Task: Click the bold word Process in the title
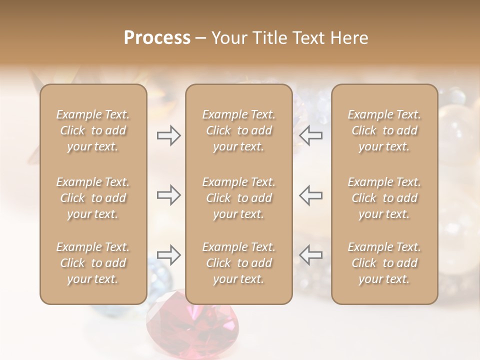[x=157, y=38]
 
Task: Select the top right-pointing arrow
[x=168, y=135]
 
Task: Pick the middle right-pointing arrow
[x=168, y=195]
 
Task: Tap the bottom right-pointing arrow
[x=168, y=255]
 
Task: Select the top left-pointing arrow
[x=310, y=135]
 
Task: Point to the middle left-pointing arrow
[x=310, y=195]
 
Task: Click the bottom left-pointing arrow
[x=310, y=255]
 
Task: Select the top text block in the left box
[x=93, y=130]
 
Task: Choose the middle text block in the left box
[x=93, y=198]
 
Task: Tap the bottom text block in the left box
[x=93, y=263]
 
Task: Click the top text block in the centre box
[x=239, y=130]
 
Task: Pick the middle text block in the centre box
[x=239, y=198]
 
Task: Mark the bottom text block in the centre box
[x=239, y=263]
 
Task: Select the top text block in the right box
[x=384, y=130]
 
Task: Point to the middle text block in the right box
[x=384, y=198]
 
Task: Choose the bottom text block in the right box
[x=384, y=263]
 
